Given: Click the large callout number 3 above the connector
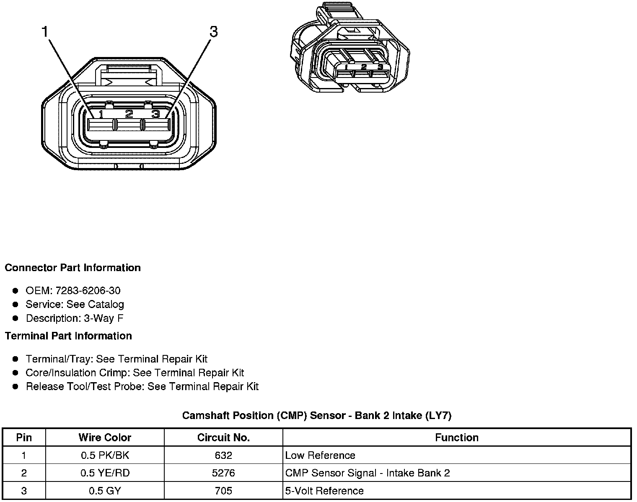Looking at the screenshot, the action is pyautogui.click(x=214, y=31).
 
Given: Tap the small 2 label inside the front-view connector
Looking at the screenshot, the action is pyautogui.click(x=129, y=114).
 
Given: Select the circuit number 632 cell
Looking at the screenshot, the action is pyautogui.click(x=223, y=455).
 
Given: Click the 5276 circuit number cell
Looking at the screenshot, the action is pyautogui.click(x=223, y=473).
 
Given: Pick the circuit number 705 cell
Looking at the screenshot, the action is pyautogui.click(x=223, y=491).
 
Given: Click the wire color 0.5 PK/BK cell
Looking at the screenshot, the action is pyautogui.click(x=105, y=455).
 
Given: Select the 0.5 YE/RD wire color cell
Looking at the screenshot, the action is pyautogui.click(x=105, y=473).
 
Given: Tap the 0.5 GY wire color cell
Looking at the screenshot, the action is pyautogui.click(x=105, y=491).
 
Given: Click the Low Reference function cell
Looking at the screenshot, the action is pyautogui.click(x=320, y=455).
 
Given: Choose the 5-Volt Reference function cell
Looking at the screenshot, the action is pyautogui.click(x=324, y=491).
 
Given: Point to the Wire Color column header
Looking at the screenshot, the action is pyautogui.click(x=105, y=437).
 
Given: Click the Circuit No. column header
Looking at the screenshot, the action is pyautogui.click(x=223, y=437).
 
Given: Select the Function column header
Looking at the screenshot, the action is pyautogui.click(x=456, y=437).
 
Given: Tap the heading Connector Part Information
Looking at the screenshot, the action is pyautogui.click(x=73, y=268).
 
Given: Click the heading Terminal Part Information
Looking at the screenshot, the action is pyautogui.click(x=68, y=336).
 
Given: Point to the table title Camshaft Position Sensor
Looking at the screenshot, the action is pyautogui.click(x=316, y=415).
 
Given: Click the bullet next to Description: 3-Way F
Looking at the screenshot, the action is pyautogui.click(x=16, y=318).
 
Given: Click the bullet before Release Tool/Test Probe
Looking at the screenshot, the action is pyautogui.click(x=16, y=386).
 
